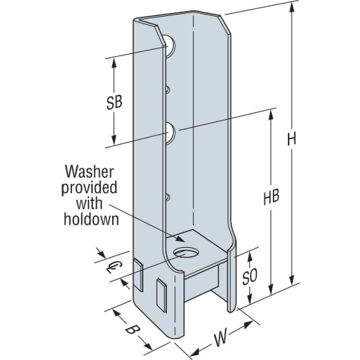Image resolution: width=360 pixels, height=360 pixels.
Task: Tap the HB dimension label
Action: [272, 195]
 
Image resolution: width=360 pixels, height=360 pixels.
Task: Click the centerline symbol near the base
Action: [110, 266]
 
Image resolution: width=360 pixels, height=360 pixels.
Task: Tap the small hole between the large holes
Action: [168, 89]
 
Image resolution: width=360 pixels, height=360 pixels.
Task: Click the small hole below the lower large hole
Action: [168, 197]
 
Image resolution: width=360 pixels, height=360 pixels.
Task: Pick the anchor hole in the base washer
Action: [188, 250]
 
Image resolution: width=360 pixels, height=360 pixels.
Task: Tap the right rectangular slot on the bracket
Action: [163, 294]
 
